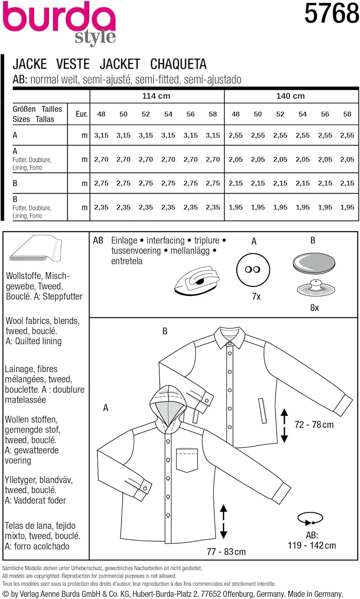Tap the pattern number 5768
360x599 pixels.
[331, 13]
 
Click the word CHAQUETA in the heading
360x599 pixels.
[178, 64]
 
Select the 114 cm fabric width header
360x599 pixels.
[156, 96]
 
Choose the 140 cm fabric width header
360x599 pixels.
[291, 96]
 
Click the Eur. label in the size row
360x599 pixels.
[81, 114]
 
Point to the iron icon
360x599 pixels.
[197, 281]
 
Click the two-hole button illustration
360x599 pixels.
[253, 270]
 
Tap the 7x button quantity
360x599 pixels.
[256, 297]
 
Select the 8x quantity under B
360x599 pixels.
[315, 307]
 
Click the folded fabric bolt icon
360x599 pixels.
[36, 249]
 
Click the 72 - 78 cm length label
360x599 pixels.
[314, 425]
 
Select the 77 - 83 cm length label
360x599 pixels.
[226, 552]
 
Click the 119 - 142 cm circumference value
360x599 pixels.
[312, 545]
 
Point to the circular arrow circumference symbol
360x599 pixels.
[310, 519]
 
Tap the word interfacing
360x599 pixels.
[166, 240]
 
